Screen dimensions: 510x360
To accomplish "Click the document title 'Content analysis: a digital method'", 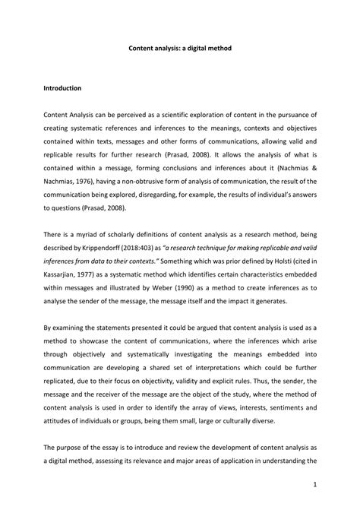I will coord(179,48).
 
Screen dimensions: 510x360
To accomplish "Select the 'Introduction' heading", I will coord(67,88).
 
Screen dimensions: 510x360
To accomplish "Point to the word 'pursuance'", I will coord(297,114).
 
